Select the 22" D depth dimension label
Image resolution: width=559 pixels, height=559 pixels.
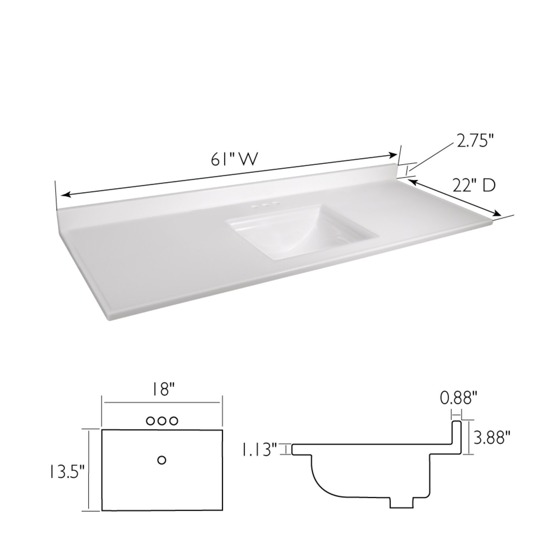coord(474,186)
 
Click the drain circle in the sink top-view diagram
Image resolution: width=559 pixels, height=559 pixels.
coord(162,460)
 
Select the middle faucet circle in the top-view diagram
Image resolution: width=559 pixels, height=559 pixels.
coord(161,421)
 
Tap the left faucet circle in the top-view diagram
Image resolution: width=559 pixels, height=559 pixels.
coord(150,421)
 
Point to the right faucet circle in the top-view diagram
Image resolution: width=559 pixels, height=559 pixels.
coord(173,421)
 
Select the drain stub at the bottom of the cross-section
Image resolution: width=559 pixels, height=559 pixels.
coord(401,501)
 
